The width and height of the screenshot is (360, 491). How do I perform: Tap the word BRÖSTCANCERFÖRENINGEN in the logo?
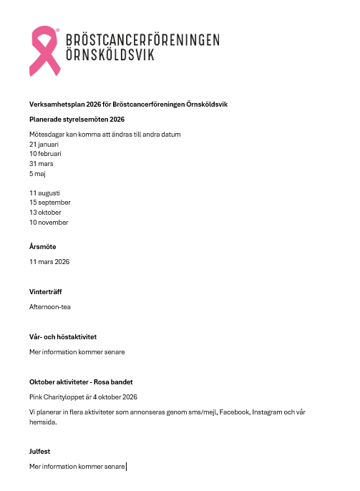coord(142,40)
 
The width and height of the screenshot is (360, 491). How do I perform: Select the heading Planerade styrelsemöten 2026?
coord(77,120)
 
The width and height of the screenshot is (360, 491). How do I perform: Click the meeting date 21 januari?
coord(44,144)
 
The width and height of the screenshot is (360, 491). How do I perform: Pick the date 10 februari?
coord(45,154)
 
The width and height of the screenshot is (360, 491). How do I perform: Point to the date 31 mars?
coord(42,164)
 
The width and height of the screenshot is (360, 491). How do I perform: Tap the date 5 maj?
coord(38,173)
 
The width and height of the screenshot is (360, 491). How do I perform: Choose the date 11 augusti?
coord(44,193)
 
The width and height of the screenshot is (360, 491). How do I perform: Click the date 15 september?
coord(49,203)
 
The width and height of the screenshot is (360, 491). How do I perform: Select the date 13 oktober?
coord(45,213)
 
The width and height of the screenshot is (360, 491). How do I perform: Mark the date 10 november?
coord(49,223)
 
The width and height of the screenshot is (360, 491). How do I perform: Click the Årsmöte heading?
coord(43,247)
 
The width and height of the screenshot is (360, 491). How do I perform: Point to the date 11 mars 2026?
coord(49,262)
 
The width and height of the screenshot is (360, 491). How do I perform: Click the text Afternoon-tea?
coord(50,307)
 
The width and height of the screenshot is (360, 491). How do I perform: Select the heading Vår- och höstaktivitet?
coord(63,337)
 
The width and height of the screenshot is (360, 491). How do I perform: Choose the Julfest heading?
coord(40,452)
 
